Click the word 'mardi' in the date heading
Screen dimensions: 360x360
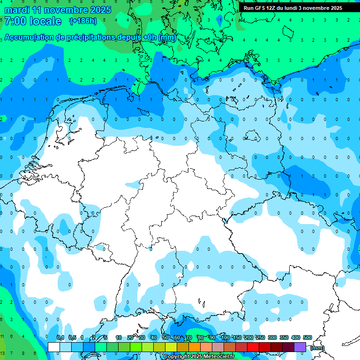17,9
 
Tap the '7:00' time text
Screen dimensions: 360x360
15,21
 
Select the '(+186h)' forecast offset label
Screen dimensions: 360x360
82,21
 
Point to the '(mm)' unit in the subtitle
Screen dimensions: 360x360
167,37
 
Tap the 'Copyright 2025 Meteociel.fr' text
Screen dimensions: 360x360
199,356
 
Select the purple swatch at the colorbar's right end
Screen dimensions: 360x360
300,347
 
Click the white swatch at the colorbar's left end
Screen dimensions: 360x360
54,347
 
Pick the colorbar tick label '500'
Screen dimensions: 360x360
307,338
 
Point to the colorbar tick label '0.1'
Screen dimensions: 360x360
60,338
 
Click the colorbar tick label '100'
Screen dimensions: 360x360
225,338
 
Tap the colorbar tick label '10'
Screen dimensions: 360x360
119,338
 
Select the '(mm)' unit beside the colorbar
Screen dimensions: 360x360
317,348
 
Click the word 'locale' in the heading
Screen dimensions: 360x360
45,21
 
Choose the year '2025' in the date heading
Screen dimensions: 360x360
100,9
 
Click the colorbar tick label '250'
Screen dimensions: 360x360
261,338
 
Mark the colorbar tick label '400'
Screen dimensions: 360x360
296,338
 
